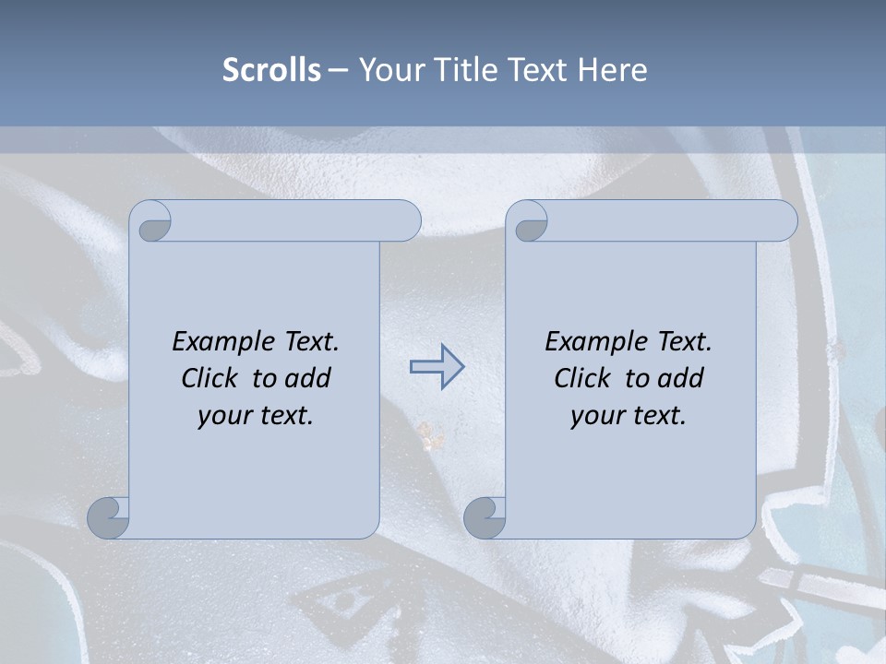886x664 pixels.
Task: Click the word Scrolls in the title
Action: point(271,70)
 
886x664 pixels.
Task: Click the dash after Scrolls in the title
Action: point(338,71)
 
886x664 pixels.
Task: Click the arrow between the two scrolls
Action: point(437,367)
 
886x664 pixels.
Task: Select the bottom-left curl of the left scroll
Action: point(109,516)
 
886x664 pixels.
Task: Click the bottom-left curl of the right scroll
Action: point(485,516)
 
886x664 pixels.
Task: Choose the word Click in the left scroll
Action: point(212,378)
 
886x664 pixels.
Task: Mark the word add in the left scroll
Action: point(308,378)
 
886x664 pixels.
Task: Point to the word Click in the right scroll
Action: point(585,378)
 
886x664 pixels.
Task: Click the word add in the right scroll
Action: point(681,378)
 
